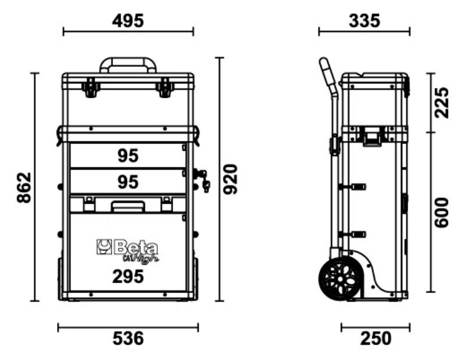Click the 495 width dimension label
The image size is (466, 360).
tap(128, 21)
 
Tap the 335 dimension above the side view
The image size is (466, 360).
tap(364, 21)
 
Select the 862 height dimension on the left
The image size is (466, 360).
tap(23, 188)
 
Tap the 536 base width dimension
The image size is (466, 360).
tap(128, 338)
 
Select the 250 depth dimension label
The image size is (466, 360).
tap(376, 338)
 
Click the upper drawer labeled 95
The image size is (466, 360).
tap(128, 156)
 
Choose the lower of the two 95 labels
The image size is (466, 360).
tap(128, 182)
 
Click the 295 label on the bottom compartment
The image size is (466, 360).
tap(128, 276)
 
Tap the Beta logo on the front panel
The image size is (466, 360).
tap(125, 249)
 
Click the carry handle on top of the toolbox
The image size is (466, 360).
tap(128, 63)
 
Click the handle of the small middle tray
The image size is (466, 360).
tap(128, 206)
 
